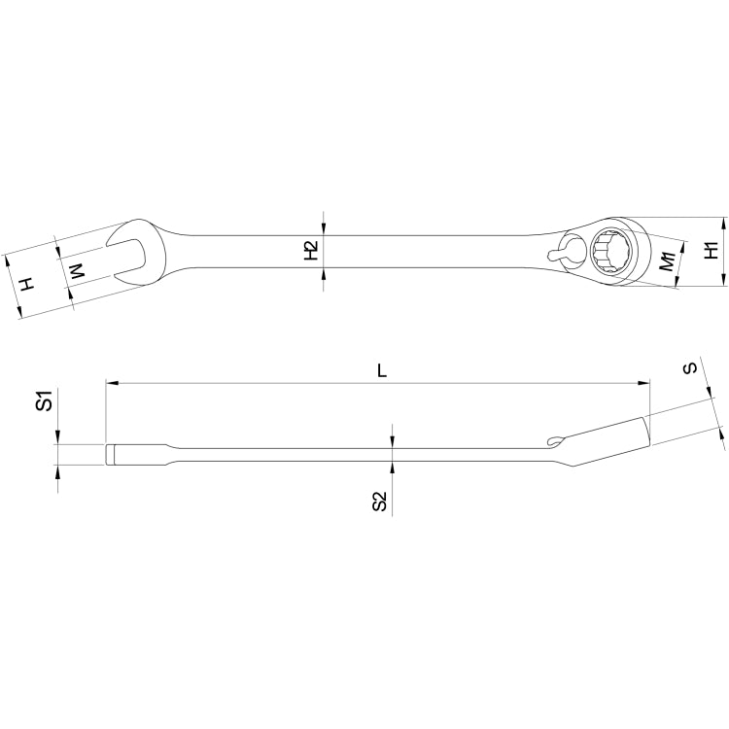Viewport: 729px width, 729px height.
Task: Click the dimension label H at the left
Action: click(x=28, y=284)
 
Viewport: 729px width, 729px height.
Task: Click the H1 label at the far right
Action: click(x=712, y=250)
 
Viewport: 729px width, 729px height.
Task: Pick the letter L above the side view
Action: click(x=382, y=370)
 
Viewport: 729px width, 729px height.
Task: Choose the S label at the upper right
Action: click(x=689, y=368)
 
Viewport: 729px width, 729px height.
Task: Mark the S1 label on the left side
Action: click(x=44, y=400)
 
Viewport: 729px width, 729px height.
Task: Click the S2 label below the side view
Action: click(x=380, y=502)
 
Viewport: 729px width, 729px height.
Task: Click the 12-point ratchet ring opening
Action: click(x=614, y=249)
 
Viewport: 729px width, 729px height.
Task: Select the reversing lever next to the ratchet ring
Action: click(x=563, y=255)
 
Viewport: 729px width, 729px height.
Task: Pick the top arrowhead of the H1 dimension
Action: click(x=724, y=223)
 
